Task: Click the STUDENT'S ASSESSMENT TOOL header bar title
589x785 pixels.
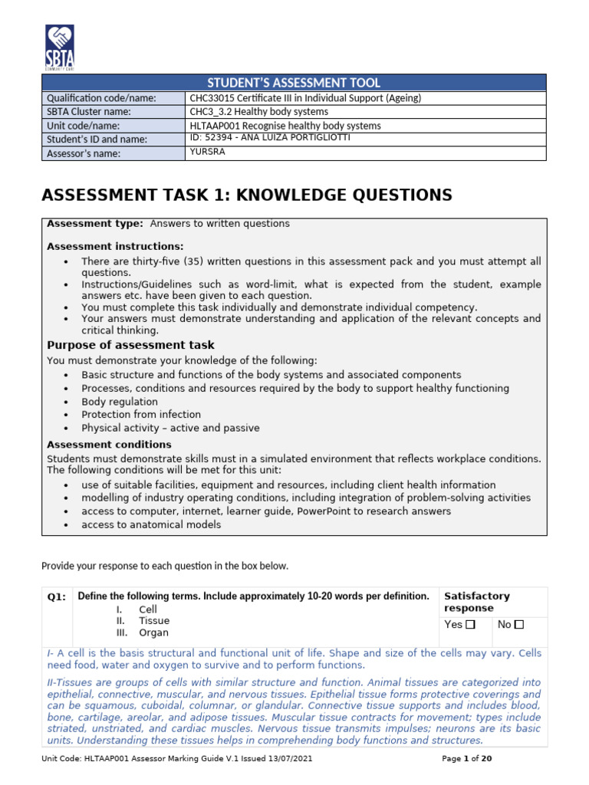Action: (294, 83)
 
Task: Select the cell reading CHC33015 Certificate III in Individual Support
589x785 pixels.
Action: (305, 98)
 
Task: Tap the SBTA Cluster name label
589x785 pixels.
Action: (89, 112)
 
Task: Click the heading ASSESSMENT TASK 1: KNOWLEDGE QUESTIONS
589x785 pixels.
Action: (246, 195)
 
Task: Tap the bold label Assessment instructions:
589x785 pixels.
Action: (115, 246)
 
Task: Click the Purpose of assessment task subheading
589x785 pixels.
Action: (130, 345)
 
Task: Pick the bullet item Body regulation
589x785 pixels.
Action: (120, 402)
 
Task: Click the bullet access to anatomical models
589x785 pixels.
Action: (151, 524)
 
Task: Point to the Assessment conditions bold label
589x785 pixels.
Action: (109, 445)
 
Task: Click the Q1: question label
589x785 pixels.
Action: (58, 597)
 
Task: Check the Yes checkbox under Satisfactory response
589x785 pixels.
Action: (471, 625)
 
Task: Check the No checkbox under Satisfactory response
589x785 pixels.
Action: (519, 625)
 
